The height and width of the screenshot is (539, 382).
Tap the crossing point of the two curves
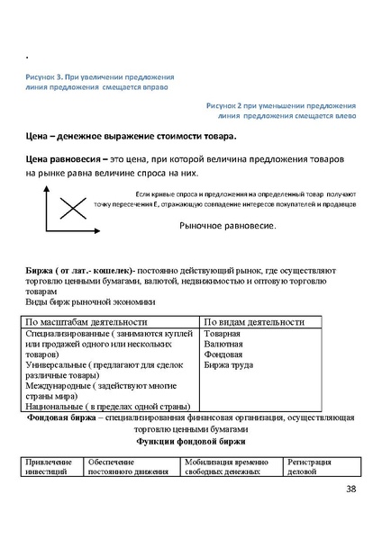coord(72,210)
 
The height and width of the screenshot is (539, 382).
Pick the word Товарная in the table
coord(223,334)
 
